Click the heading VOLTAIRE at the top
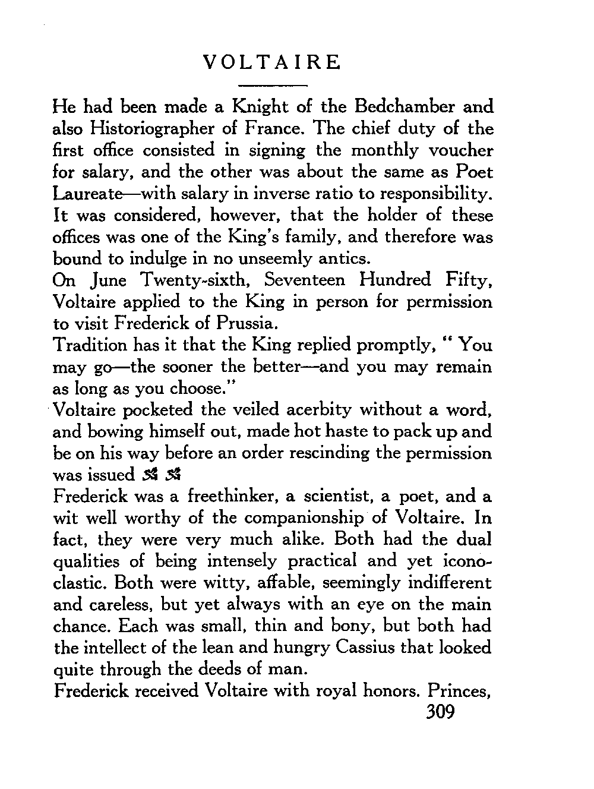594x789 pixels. pyautogui.click(x=271, y=62)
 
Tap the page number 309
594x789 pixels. pyautogui.click(x=440, y=712)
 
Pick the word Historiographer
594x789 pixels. pyautogui.click(x=148, y=129)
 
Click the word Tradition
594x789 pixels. pyautogui.click(x=90, y=345)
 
